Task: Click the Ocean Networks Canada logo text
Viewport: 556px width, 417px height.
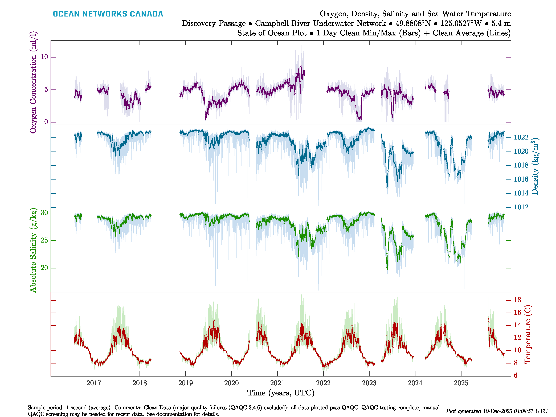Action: [108, 14]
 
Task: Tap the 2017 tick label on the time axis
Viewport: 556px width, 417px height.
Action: [94, 383]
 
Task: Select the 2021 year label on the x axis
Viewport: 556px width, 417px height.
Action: [277, 383]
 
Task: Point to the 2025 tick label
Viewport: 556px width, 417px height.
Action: [461, 383]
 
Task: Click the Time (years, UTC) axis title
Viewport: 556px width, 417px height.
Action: [281, 393]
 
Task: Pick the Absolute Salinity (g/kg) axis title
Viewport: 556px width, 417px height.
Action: [33, 250]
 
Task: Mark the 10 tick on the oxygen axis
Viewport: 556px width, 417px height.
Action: [44, 57]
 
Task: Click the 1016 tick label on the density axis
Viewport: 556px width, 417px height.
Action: [521, 179]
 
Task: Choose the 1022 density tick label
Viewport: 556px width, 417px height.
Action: [521, 137]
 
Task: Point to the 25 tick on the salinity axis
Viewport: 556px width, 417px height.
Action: [44, 240]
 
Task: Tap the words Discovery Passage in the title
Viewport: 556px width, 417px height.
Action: [214, 23]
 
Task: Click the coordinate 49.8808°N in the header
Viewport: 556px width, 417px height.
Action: [413, 23]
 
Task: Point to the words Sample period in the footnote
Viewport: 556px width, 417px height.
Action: [44, 407]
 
